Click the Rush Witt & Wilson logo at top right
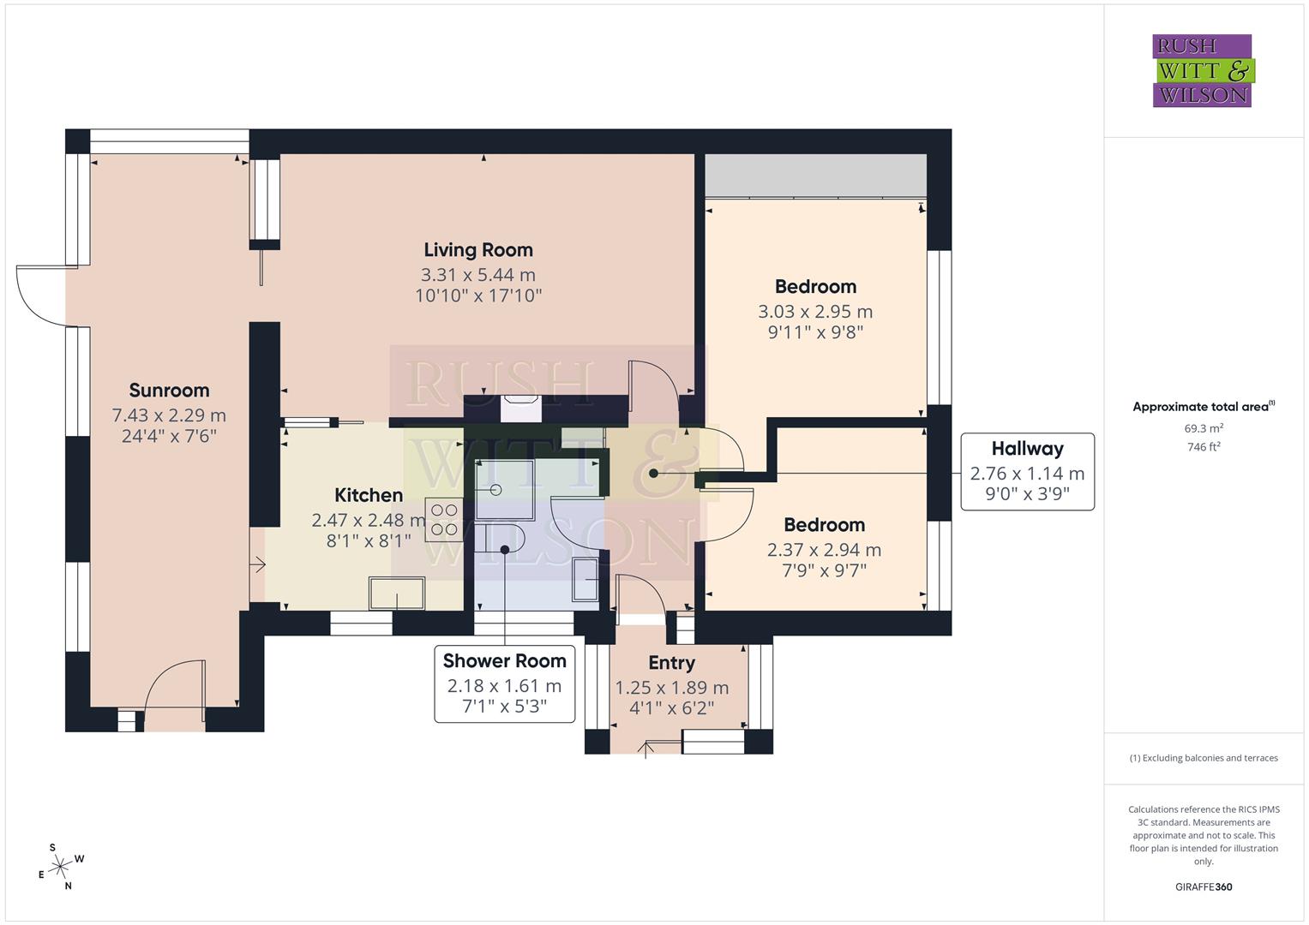(1202, 71)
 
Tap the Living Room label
(478, 250)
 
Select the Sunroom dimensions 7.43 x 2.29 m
(169, 415)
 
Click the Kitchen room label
(369, 495)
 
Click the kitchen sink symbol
(396, 593)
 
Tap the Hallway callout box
(1027, 472)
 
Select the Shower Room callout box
(504, 683)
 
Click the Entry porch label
(671, 663)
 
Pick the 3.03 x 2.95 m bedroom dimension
(815, 312)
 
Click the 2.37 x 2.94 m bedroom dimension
(824, 550)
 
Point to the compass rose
(60, 867)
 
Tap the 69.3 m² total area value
(1204, 428)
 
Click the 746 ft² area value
(1204, 447)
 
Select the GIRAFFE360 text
(1203, 886)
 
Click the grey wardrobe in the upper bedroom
(815, 176)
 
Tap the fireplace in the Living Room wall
(520, 409)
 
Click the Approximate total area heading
(1203, 407)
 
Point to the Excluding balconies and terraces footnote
(1203, 758)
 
